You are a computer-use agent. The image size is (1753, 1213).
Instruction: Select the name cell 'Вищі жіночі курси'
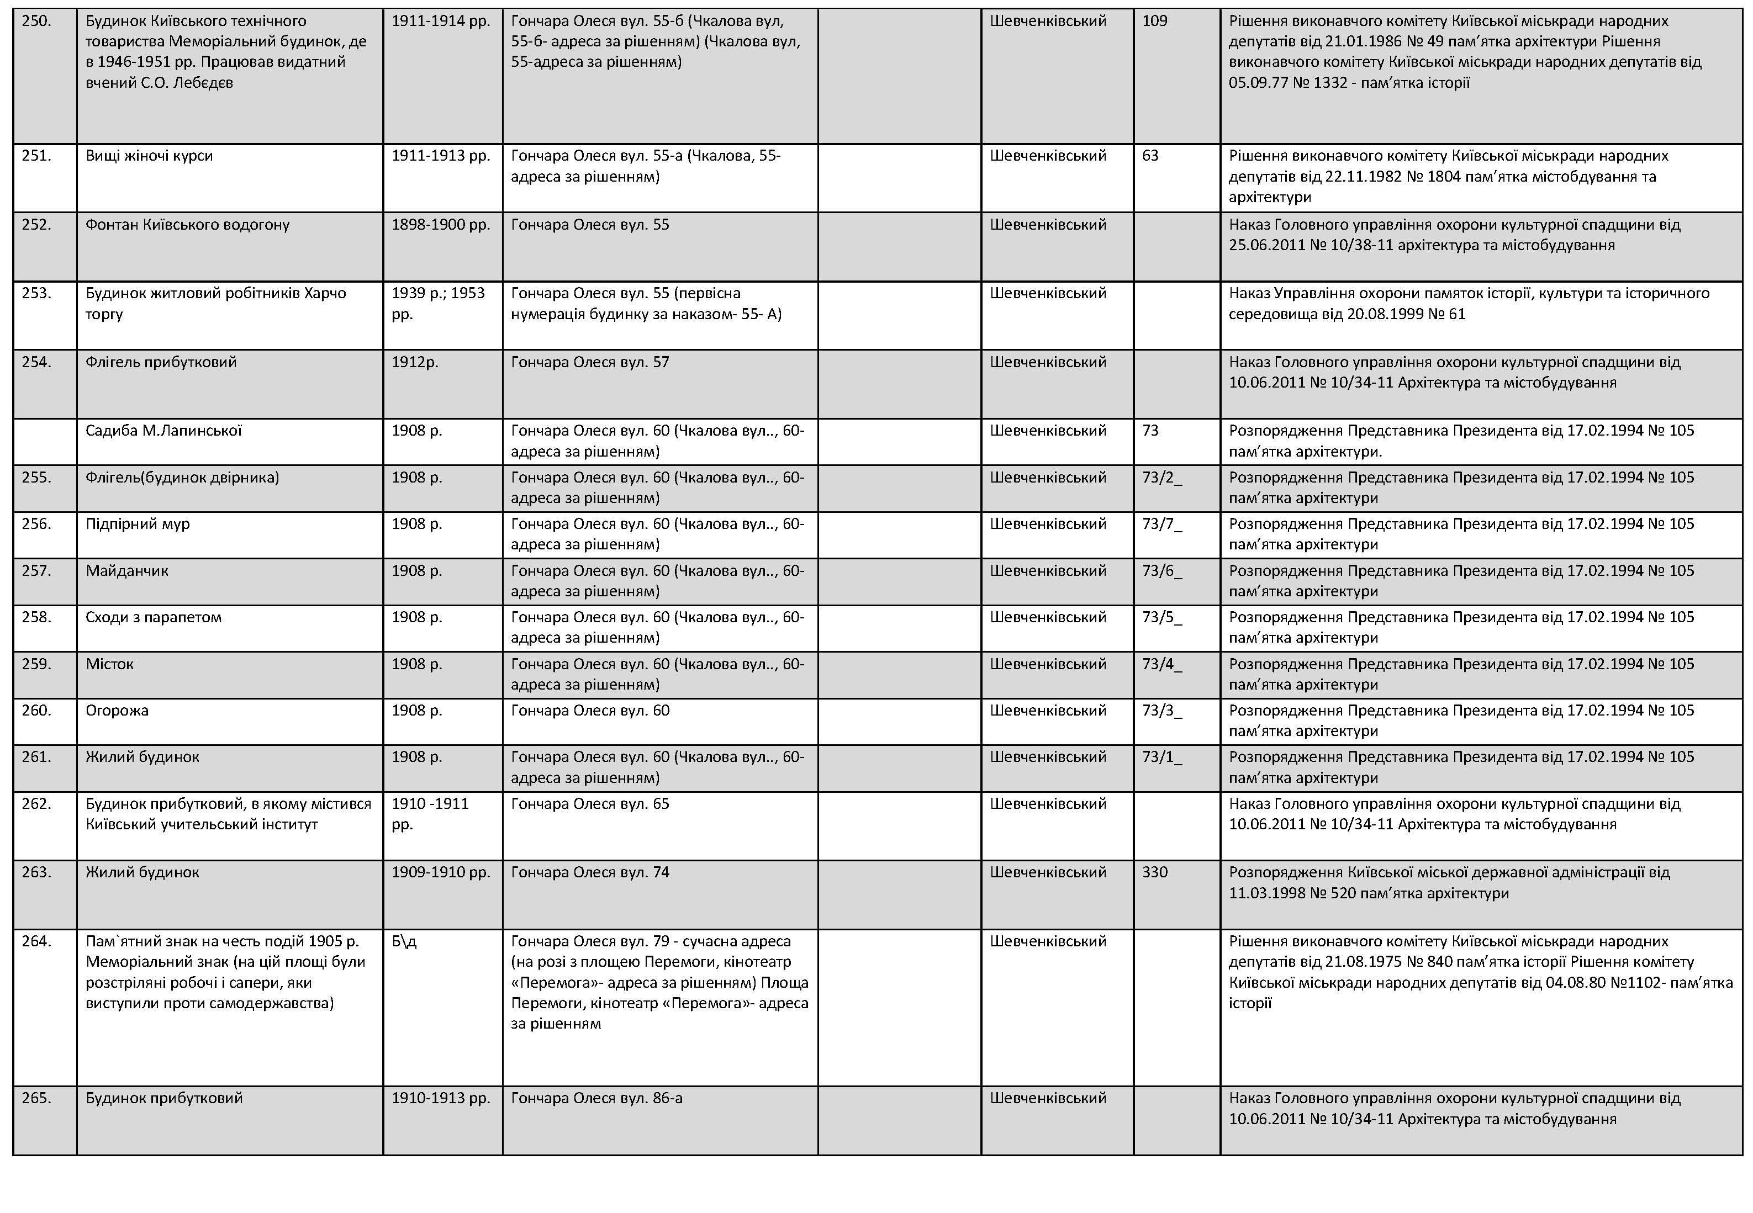(149, 156)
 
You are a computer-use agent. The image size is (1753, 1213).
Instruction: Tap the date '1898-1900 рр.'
(441, 225)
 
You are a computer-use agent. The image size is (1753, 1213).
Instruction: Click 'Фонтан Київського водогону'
(187, 225)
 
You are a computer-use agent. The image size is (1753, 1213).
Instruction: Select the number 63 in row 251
(1150, 156)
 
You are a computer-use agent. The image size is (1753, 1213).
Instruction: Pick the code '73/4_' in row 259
(1161, 664)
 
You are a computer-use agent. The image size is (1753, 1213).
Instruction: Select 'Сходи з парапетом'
(154, 617)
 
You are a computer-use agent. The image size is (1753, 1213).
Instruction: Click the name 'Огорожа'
(117, 711)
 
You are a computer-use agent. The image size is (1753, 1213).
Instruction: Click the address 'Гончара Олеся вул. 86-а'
(596, 1098)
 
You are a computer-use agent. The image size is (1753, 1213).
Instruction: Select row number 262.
(36, 804)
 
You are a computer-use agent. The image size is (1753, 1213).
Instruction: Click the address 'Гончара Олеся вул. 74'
(590, 872)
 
